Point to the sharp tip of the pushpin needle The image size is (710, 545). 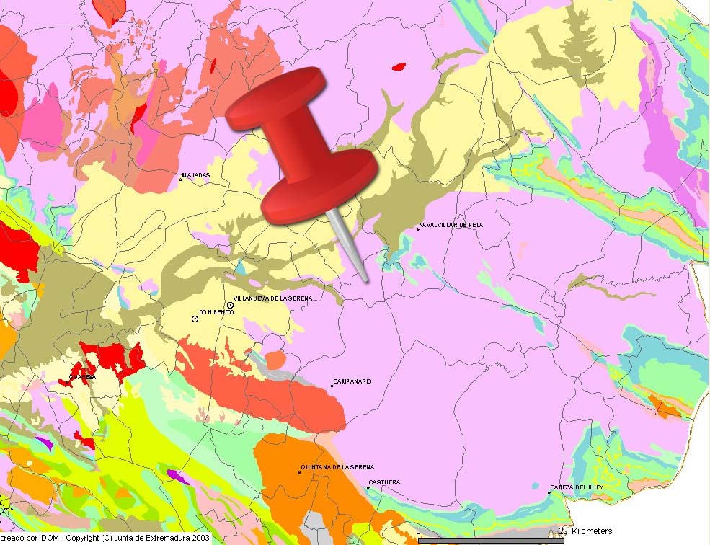coord(367,281)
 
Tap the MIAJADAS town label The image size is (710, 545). coord(196,175)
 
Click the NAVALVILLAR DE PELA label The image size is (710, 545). coord(451,226)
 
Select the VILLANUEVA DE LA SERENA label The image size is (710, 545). coord(273,298)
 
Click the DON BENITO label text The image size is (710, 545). coord(216,312)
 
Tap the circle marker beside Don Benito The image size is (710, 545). coord(195,318)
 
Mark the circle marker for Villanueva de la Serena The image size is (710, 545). coord(230,305)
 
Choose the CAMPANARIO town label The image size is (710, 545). coord(352,381)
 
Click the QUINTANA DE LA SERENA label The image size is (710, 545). coord(338,467)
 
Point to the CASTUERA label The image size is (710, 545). coord(384,482)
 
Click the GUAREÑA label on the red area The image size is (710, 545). coord(82,377)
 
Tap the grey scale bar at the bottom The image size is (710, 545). coord(490,540)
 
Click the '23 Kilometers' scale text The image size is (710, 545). coord(585,531)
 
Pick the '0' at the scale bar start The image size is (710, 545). coord(419,531)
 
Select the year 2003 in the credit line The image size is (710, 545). coord(200,538)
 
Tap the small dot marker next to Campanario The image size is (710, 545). coord(332,386)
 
